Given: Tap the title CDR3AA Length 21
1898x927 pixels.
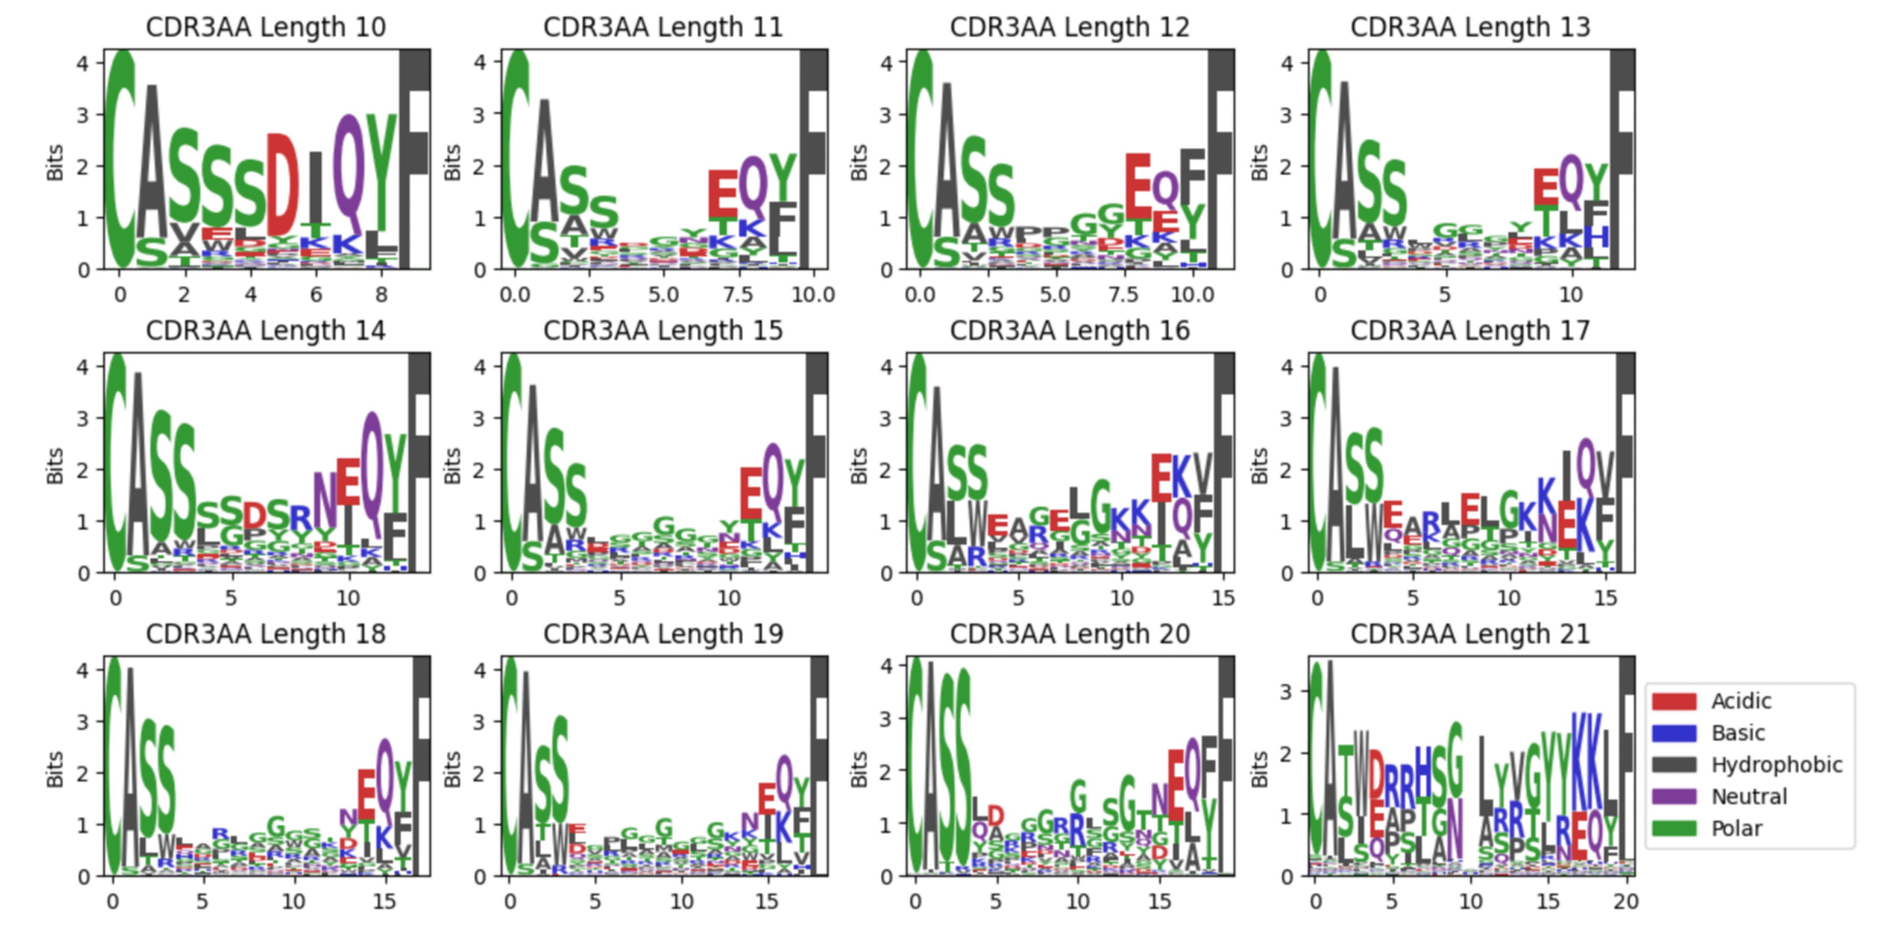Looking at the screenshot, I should coord(1470,634).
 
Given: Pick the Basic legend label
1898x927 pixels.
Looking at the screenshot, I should coord(1738,733).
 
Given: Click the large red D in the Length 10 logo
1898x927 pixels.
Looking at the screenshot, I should coord(282,184).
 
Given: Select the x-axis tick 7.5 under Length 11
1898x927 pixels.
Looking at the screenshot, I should coord(738,295).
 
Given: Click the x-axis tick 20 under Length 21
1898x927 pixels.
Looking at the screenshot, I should coord(1625,901).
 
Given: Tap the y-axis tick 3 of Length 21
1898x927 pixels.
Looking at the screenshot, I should coord(1286,691).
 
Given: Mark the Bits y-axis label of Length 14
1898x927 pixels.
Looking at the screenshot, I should coord(55,466).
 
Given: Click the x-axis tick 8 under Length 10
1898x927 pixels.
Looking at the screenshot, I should coord(381,295).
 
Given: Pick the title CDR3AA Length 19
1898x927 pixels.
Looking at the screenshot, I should coord(663,634).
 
